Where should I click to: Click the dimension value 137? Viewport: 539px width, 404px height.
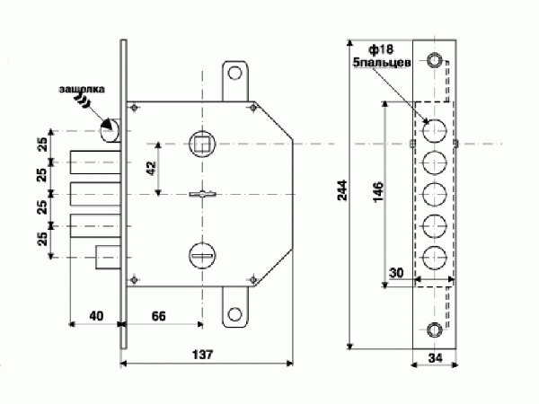pos(202,353)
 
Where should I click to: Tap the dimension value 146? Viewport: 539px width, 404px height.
pos(378,193)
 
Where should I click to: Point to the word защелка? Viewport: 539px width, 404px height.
pos(82,90)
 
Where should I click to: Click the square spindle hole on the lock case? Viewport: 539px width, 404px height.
pos(201,142)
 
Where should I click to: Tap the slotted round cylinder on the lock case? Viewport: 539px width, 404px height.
pos(201,256)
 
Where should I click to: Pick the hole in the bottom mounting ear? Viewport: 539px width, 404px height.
pos(236,314)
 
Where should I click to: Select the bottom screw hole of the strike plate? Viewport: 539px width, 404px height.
pos(435,329)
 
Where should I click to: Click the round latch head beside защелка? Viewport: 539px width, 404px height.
pos(111,131)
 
